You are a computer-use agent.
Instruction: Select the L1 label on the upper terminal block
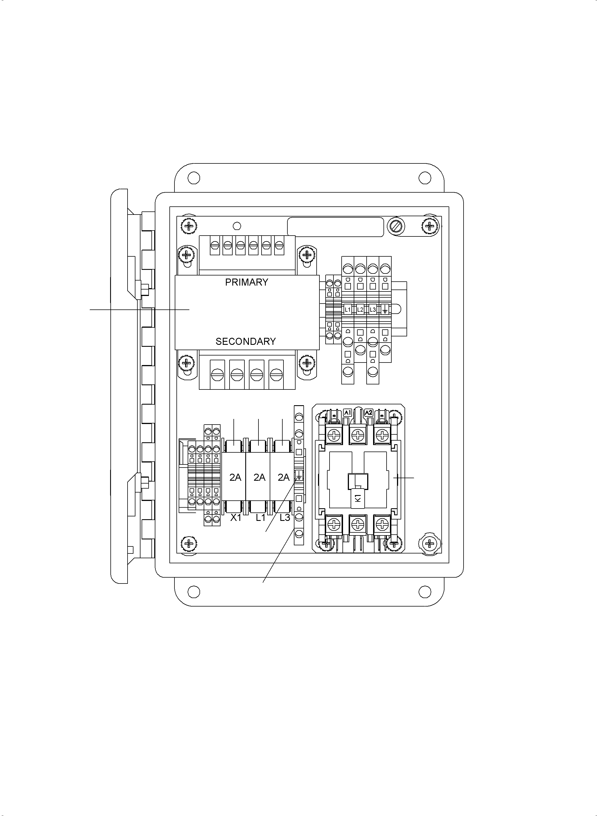(x=348, y=309)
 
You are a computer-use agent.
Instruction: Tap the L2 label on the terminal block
(x=360, y=309)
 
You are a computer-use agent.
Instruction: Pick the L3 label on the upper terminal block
(x=373, y=309)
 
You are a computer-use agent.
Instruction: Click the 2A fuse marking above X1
(x=235, y=478)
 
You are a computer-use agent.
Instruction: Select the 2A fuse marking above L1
(x=260, y=478)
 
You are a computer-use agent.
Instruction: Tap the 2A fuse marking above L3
(x=284, y=478)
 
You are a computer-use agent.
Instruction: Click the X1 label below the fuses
(x=236, y=518)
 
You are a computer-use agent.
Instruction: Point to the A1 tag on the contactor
(x=348, y=412)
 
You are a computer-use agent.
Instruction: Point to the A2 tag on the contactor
(x=369, y=412)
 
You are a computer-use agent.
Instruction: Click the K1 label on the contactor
(x=358, y=498)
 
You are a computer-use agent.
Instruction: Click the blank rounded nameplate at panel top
(x=335, y=227)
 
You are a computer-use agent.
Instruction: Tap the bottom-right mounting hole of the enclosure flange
(x=425, y=591)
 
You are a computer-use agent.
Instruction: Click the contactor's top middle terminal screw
(x=357, y=435)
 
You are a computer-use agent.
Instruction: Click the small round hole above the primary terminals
(x=237, y=226)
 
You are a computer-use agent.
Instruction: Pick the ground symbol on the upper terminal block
(x=385, y=309)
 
